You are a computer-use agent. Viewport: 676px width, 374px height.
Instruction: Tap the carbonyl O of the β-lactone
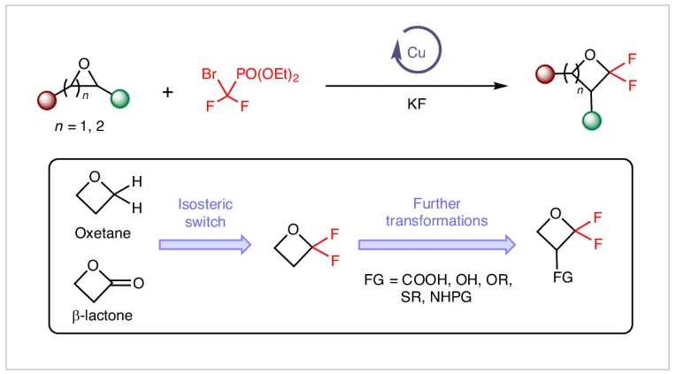click(147, 283)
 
